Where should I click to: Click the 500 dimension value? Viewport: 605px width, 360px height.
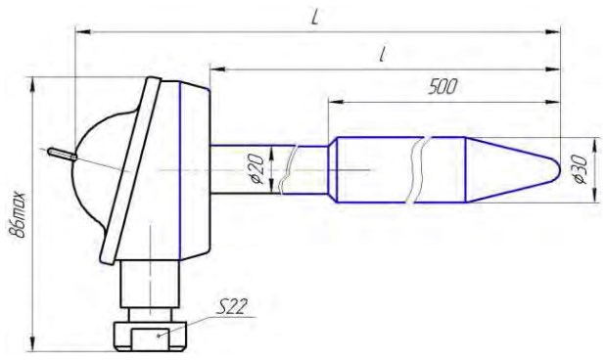tap(442, 86)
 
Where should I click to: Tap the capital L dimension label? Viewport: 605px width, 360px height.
tap(315, 17)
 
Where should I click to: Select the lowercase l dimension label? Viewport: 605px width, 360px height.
tap(383, 55)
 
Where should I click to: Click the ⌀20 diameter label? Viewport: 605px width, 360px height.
tap(258, 169)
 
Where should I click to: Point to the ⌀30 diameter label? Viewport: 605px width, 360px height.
tap(580, 169)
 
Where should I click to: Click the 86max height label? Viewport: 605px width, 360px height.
tap(19, 214)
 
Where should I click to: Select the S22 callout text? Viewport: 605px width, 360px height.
tap(231, 307)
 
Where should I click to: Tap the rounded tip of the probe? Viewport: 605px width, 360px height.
tap(557, 169)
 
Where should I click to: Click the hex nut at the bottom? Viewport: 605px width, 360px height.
tap(150, 335)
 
